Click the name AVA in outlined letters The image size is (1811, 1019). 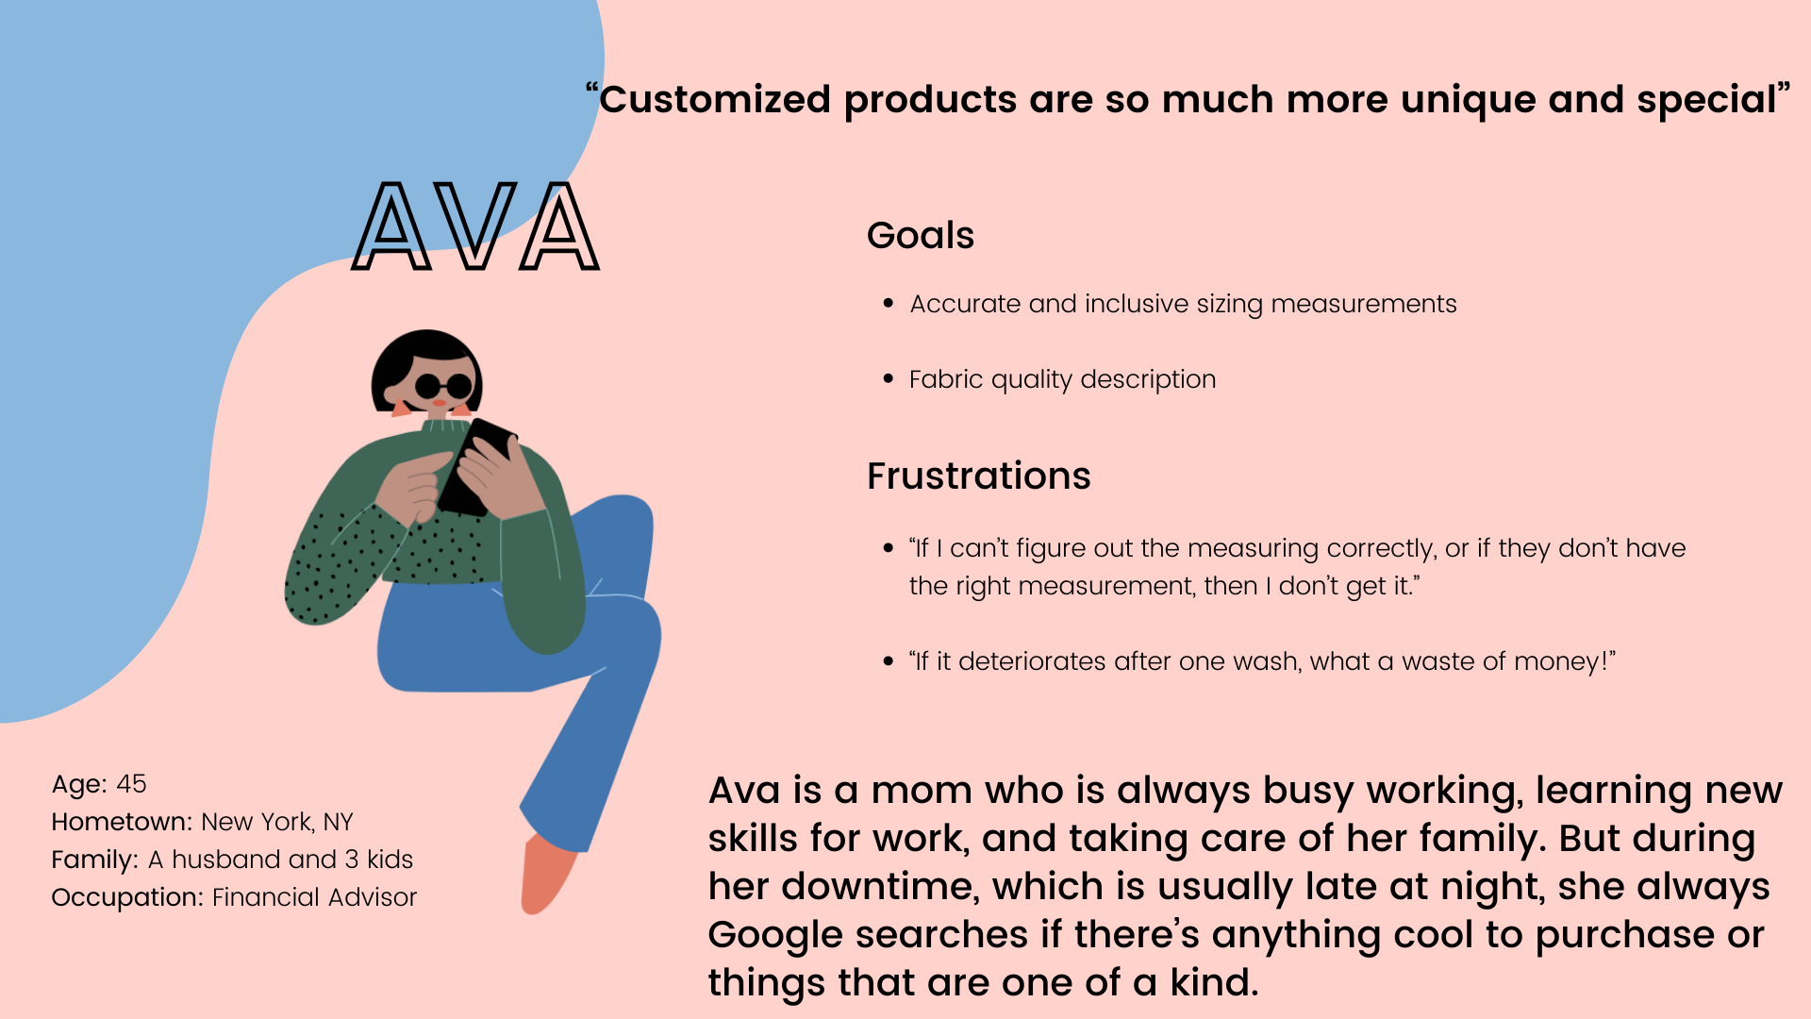tap(475, 226)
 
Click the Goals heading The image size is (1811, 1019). tap(921, 235)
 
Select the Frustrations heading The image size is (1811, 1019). tap(979, 476)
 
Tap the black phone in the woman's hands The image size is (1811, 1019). tap(477, 467)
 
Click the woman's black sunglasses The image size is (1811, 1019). tap(443, 386)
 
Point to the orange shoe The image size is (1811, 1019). tap(546, 875)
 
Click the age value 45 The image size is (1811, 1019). tap(131, 784)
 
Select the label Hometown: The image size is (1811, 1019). tap(123, 822)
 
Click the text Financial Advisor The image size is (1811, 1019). tap(314, 897)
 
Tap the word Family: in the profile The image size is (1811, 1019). tap(95, 860)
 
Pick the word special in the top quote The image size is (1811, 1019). tap(1706, 100)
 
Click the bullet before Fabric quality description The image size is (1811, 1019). tap(888, 378)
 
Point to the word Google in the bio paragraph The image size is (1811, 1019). tap(774, 935)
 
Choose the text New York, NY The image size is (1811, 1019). tap(277, 823)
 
